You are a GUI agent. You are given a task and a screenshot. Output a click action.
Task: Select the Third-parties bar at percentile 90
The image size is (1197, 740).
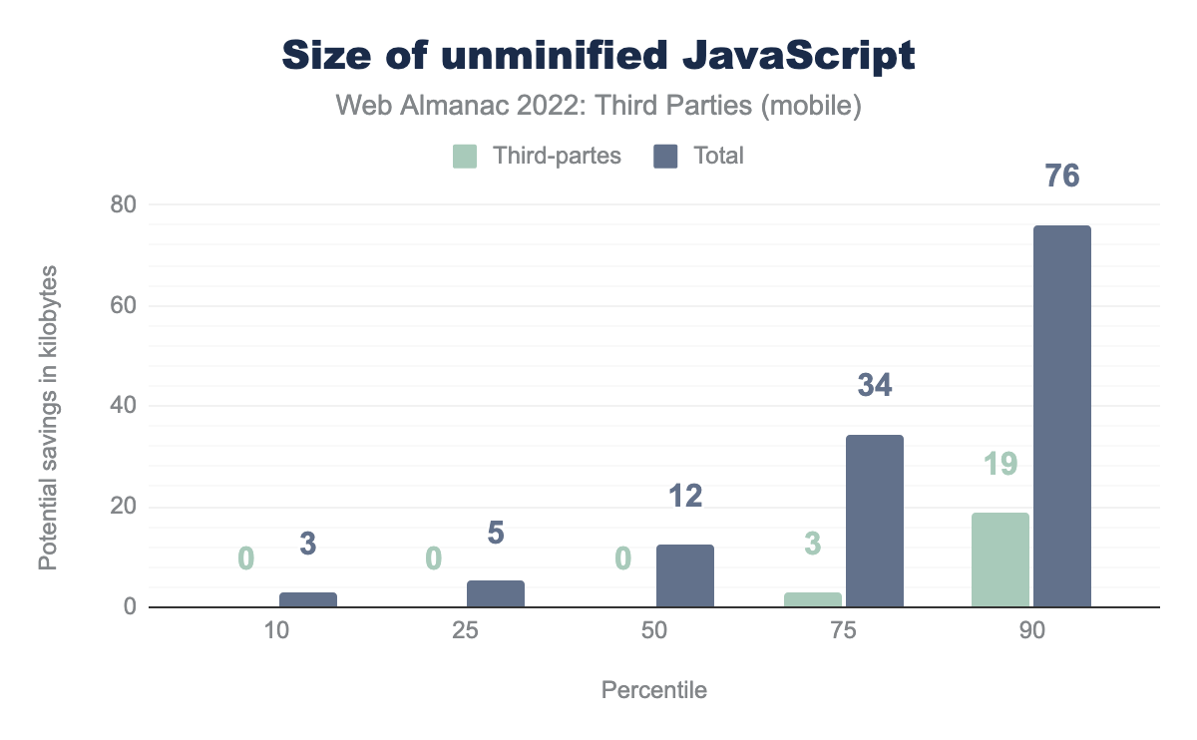(x=1000, y=559)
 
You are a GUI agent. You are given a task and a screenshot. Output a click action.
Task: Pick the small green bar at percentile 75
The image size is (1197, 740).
(x=813, y=599)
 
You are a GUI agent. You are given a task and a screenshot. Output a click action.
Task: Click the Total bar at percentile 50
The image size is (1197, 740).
(x=685, y=575)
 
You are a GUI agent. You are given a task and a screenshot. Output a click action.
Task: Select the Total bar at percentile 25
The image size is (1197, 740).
(x=496, y=593)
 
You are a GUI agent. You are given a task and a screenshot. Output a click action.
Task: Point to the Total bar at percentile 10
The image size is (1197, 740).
(x=307, y=599)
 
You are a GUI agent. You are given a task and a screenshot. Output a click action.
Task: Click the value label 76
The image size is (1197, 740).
(x=1063, y=176)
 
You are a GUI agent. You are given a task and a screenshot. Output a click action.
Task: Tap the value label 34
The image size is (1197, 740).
(x=875, y=385)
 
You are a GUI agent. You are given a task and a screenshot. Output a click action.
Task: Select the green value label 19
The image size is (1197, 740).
(x=999, y=464)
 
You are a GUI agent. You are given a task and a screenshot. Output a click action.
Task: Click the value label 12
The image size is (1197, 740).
(x=685, y=496)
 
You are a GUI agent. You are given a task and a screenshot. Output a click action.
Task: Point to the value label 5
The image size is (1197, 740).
(x=496, y=534)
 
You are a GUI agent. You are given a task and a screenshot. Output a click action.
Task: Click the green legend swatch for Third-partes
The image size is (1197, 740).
(x=465, y=157)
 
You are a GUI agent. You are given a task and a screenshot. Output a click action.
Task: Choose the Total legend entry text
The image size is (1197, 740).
(x=718, y=157)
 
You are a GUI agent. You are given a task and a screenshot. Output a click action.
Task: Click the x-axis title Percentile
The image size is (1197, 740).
(x=654, y=690)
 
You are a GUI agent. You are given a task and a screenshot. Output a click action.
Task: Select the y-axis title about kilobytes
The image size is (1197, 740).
(x=47, y=417)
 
